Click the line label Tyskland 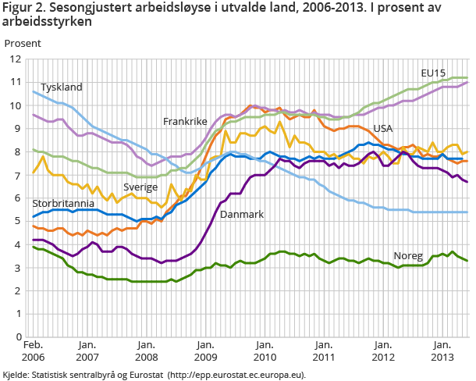(x=61, y=87)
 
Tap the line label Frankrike (x=185, y=121)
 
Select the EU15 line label (x=433, y=73)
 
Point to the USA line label (x=382, y=128)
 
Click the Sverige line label (x=141, y=187)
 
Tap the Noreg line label (x=408, y=255)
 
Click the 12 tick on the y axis (x=15, y=59)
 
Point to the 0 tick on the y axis (x=17, y=337)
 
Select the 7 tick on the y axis (x=17, y=175)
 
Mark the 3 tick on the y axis (x=17, y=268)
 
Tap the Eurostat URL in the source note (x=238, y=374)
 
